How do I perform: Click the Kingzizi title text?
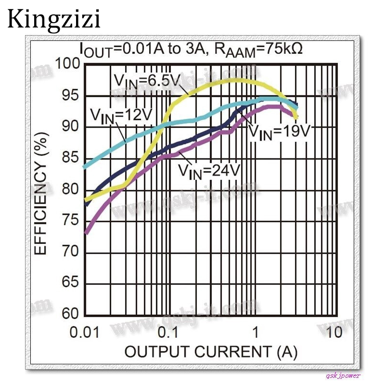tap(54, 19)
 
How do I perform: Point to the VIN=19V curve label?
tap(279, 131)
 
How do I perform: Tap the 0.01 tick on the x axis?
tap(84, 332)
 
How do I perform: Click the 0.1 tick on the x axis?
tap(168, 332)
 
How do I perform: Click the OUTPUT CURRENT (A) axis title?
tap(211, 352)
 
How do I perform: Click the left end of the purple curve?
tap(86, 232)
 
